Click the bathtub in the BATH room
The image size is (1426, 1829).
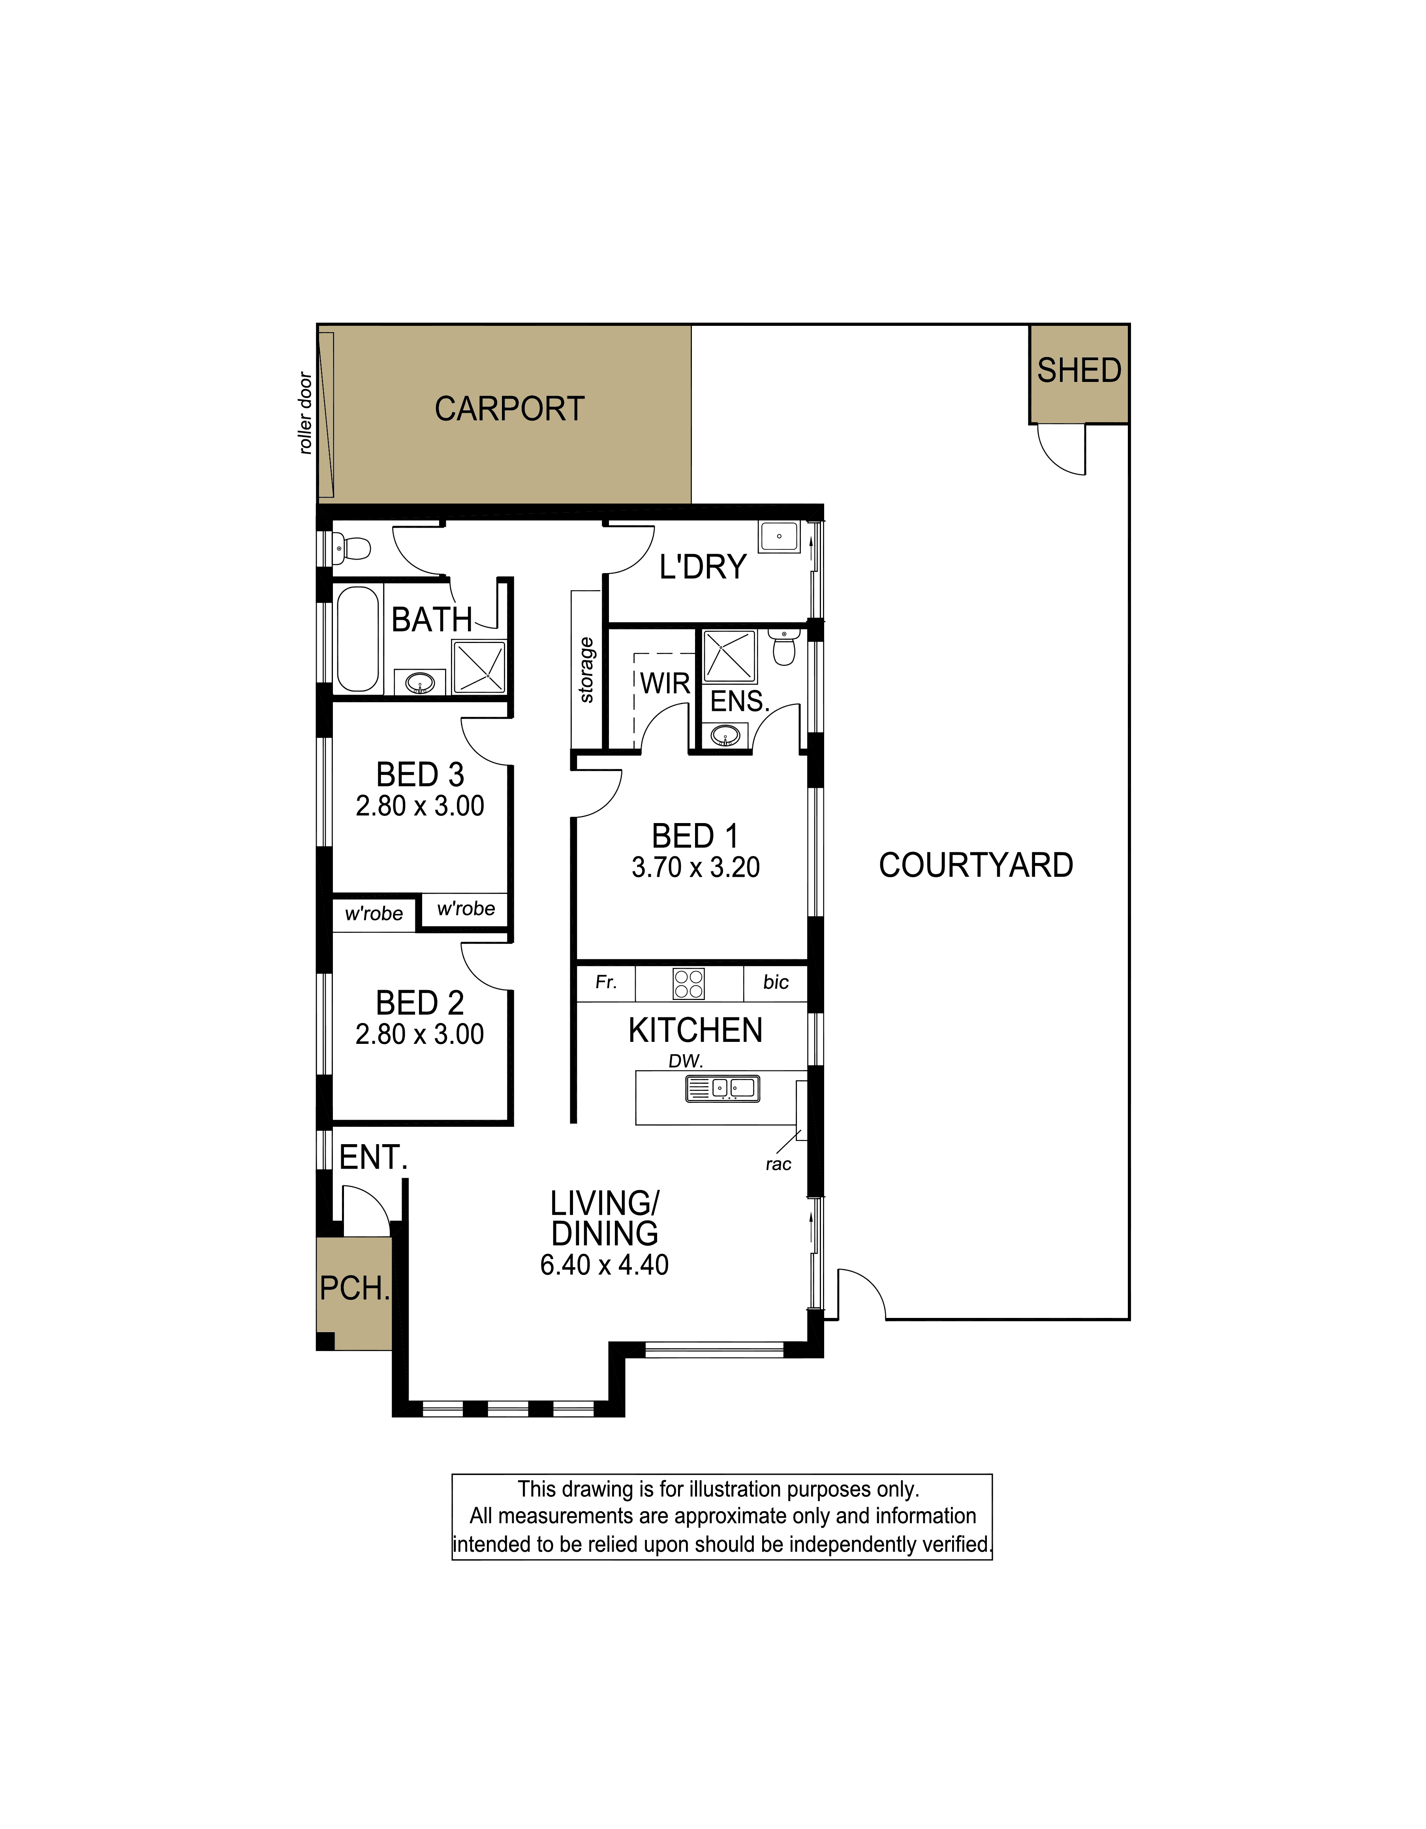[359, 639]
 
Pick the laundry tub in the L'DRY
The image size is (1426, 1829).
[779, 536]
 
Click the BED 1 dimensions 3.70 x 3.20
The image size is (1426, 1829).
[696, 868]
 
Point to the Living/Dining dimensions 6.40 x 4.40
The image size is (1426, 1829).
[605, 1265]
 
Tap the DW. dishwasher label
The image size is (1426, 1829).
[686, 1061]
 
